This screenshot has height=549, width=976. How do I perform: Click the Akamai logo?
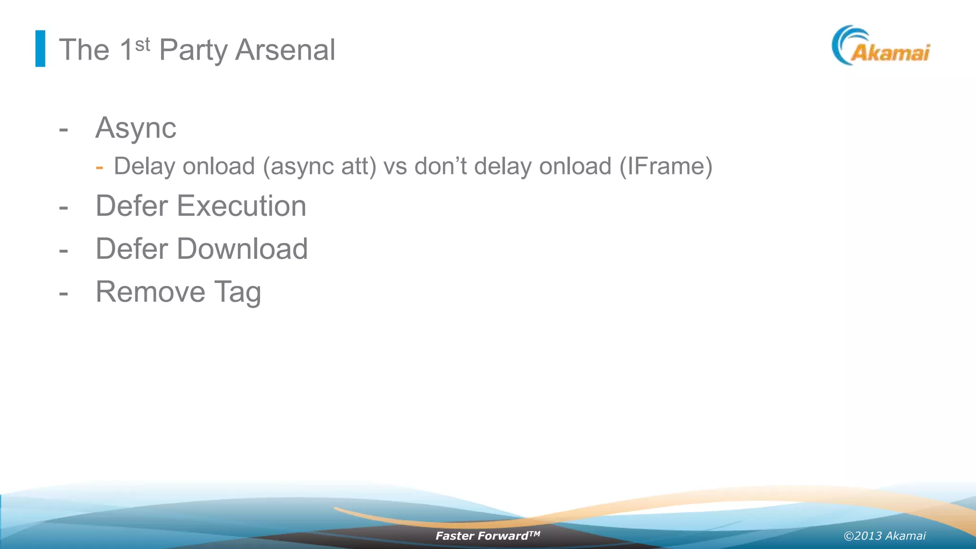click(881, 46)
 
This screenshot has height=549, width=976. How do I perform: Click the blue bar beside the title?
click(41, 49)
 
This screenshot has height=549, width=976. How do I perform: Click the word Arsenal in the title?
click(285, 50)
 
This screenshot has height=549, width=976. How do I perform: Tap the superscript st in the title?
click(142, 45)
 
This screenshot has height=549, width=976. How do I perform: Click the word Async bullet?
click(136, 128)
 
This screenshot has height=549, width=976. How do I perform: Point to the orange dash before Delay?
click(99, 167)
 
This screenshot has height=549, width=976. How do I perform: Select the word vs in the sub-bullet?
click(395, 167)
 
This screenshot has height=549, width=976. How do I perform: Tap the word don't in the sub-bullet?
click(440, 166)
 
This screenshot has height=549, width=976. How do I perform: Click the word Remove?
click(151, 292)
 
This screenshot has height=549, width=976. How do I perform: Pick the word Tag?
click(237, 293)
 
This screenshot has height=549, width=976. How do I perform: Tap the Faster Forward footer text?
click(487, 536)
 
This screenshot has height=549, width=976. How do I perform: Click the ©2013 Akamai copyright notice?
click(884, 536)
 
